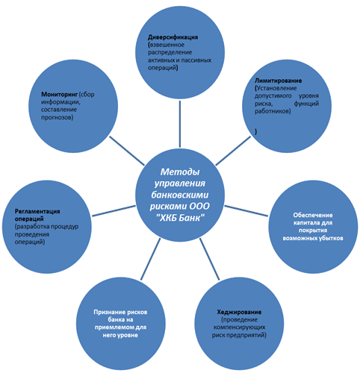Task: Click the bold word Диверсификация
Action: (173, 37)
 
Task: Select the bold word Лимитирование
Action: (278, 81)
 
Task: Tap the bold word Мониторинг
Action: (59, 95)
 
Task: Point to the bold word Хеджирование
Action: (239, 312)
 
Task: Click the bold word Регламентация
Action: (37, 211)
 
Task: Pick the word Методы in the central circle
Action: (180, 172)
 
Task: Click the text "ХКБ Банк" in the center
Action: (180, 218)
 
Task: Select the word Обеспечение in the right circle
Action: (313, 215)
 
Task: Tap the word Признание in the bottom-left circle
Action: (110, 312)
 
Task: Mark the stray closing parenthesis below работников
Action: (255, 132)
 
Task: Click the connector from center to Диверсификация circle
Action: (180, 124)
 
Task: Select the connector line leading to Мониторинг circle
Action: (127, 151)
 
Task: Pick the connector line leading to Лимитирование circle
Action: (233, 151)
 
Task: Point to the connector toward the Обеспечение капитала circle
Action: (246, 211)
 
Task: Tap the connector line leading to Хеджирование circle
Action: (210, 259)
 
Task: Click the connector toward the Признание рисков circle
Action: (150, 259)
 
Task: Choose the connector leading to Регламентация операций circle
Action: (114, 211)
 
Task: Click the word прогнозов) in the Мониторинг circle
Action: (58, 117)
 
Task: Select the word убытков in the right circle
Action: (330, 238)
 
